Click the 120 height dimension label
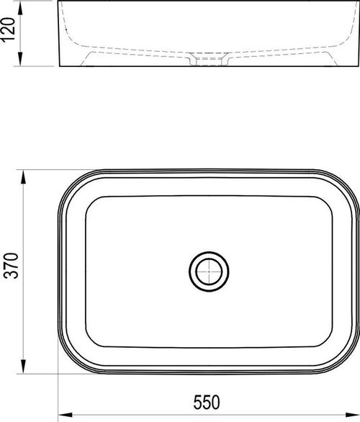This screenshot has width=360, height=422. point(9,30)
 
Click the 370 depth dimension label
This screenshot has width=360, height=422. point(12,265)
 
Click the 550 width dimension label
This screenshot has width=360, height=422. point(207,402)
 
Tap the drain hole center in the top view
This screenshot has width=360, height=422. point(209,271)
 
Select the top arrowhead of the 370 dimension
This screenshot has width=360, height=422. point(24,177)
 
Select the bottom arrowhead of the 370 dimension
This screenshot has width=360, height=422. point(24,367)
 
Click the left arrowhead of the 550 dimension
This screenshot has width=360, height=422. point(66,415)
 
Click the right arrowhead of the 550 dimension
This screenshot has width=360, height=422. point(352,415)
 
